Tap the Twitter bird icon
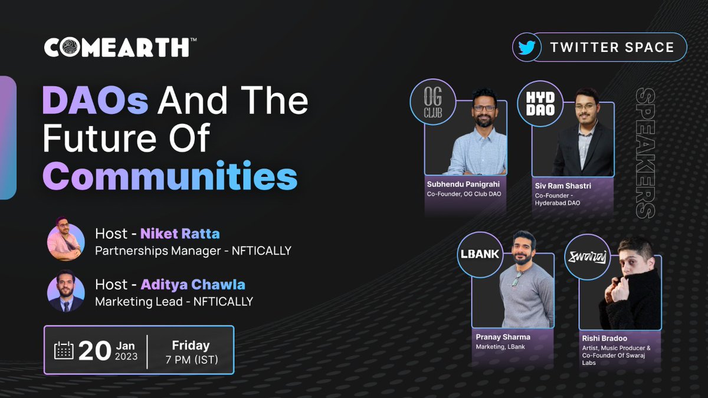coord(526,48)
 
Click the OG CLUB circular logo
coord(432,102)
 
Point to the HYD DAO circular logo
coord(539,101)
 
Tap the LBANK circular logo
coord(479,255)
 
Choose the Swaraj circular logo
coord(586,257)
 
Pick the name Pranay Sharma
coord(503,337)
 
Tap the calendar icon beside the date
coord(64,350)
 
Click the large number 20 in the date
coord(95,350)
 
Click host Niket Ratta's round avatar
coord(64,238)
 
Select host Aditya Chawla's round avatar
coord(64,291)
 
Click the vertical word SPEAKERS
coord(646,153)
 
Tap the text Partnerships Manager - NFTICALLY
coord(193,251)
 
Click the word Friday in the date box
coord(191,345)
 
